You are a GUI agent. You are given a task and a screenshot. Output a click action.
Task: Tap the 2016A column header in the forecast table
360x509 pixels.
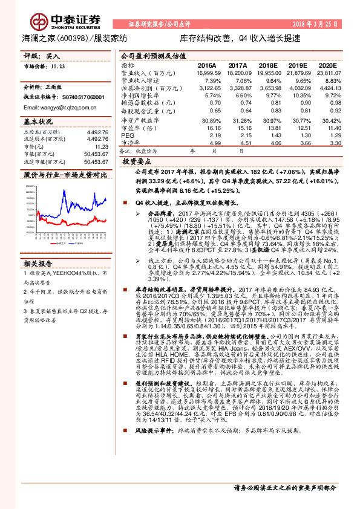[x=207, y=64]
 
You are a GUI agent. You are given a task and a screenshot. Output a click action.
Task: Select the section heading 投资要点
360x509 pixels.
[x=136, y=163]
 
